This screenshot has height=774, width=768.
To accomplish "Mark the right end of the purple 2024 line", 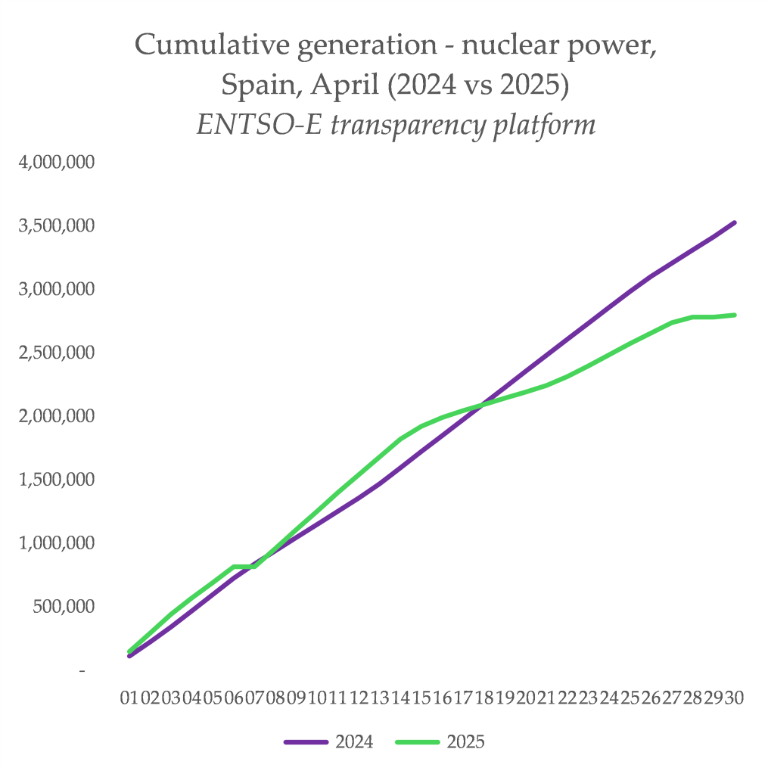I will [x=735, y=222].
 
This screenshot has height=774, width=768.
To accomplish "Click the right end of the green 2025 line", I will [x=735, y=315].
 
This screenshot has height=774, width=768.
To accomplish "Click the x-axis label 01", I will [x=129, y=697].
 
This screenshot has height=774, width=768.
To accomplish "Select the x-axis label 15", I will [x=421, y=697].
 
